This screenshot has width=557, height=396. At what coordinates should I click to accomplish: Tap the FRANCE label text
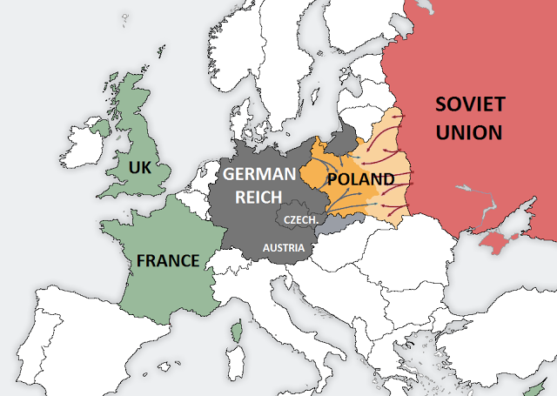pyautogui.click(x=167, y=259)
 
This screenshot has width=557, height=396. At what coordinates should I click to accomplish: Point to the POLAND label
pyautogui.click(x=360, y=179)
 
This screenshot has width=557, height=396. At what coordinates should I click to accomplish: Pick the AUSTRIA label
pyautogui.click(x=284, y=249)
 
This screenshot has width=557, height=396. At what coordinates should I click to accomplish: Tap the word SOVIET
pyautogui.click(x=470, y=105)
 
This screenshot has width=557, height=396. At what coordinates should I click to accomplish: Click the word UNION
pyautogui.click(x=470, y=132)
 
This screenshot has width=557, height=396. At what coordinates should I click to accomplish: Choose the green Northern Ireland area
pyautogui.click(x=104, y=129)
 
